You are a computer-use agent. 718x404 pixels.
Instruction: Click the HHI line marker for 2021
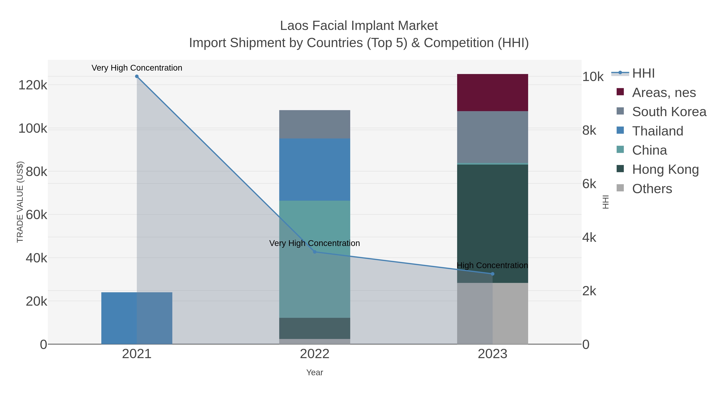coord(137,76)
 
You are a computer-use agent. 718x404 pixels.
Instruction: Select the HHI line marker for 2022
coord(315,252)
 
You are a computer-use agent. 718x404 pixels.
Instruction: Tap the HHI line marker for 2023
coord(492,274)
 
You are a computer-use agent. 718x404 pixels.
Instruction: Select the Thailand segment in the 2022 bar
coord(315,170)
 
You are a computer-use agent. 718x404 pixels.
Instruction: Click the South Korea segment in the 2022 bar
coord(315,124)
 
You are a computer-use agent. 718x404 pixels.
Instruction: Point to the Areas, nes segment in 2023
coord(492,93)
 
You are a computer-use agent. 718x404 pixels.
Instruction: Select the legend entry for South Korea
coord(669,112)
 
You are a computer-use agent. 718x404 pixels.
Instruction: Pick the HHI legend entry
coord(643,73)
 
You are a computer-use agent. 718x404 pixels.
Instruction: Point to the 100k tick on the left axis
coord(33,128)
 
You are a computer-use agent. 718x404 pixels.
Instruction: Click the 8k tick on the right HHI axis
coord(589,130)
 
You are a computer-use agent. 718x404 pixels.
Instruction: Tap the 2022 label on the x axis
coord(315,354)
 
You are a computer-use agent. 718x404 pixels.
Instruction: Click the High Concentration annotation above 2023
coord(492,265)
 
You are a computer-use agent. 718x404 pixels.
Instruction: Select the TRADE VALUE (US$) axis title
coord(20,202)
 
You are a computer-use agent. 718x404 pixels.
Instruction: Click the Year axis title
coord(315,372)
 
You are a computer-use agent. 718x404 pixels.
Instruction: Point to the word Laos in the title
coord(294,26)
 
